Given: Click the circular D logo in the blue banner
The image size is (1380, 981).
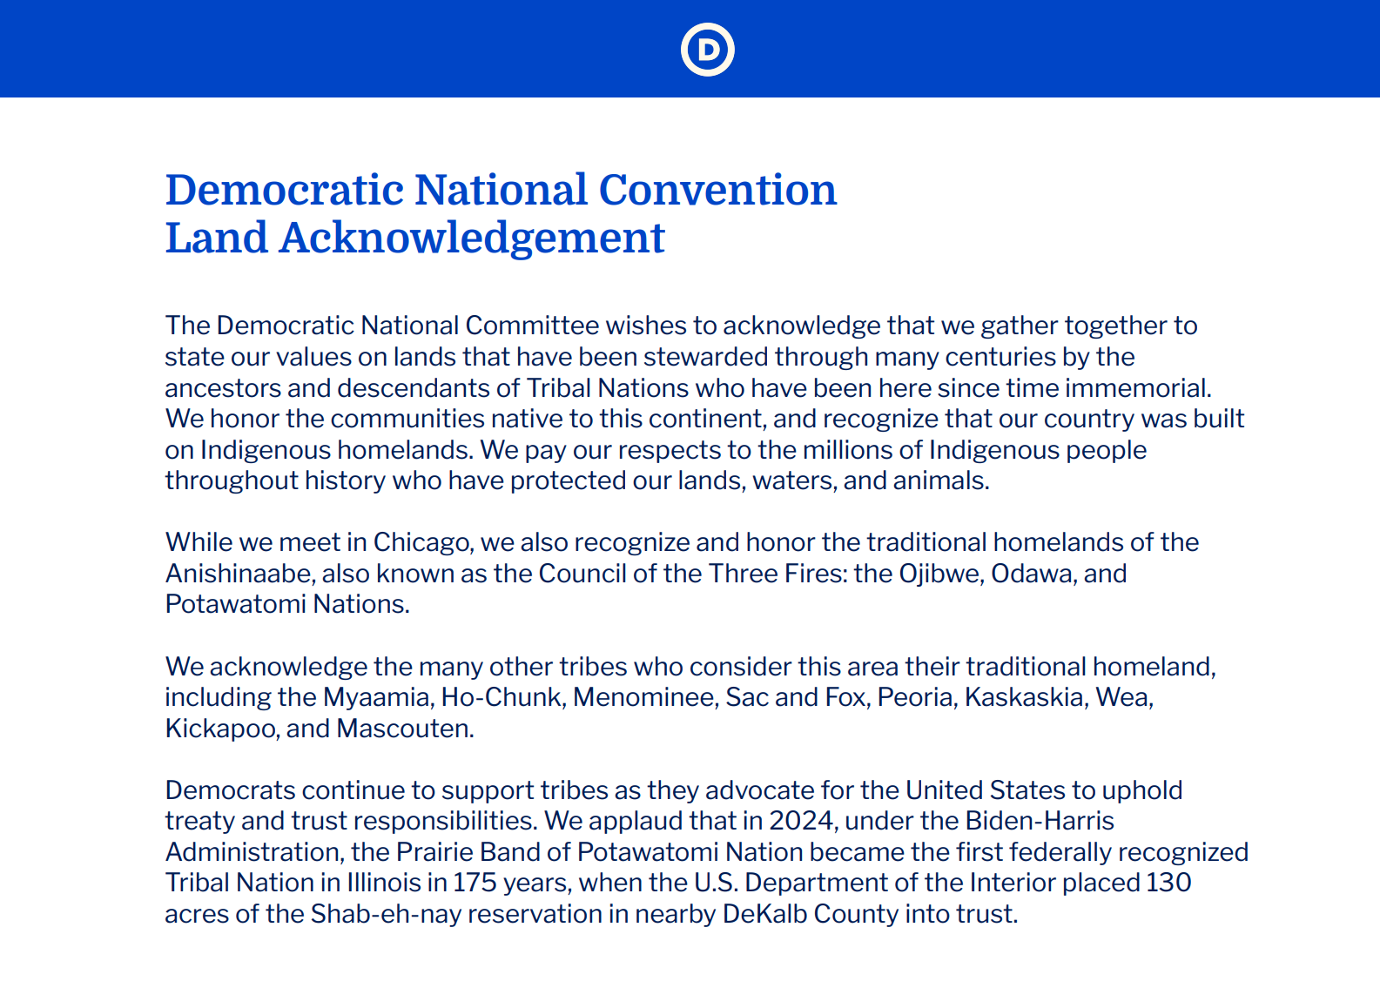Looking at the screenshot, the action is [707, 50].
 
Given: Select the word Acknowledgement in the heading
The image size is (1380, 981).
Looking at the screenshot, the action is [472, 239].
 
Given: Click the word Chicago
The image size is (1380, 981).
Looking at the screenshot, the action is [423, 543].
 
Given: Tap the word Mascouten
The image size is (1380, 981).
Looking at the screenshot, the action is [405, 729].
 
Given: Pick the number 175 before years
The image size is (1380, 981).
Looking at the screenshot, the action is [475, 884].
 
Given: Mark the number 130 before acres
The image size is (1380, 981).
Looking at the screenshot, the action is [1168, 884].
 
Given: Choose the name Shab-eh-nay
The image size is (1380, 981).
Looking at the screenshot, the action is [386, 915].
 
